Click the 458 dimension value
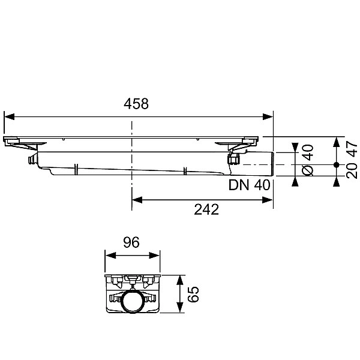pos(136,104)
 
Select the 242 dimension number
pos(206,209)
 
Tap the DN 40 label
pos(250,185)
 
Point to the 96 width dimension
pos(131,242)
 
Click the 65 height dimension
pos(193,294)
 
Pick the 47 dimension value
pos(352,149)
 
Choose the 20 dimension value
pos(352,171)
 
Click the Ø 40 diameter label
pos(308,160)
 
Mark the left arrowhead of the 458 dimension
pos(9,116)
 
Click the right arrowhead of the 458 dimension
pos(268,116)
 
